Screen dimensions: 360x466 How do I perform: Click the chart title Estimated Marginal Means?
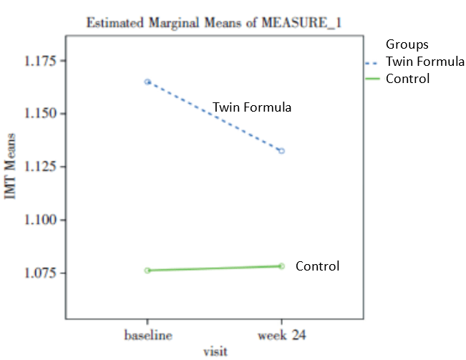[213, 22]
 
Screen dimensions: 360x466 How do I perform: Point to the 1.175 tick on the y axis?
[42, 61]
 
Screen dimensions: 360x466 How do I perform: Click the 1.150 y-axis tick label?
[42, 114]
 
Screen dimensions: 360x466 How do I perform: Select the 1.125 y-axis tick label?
[42, 167]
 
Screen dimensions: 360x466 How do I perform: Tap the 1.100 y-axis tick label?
[42, 220]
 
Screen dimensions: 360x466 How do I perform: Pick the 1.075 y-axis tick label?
[42, 273]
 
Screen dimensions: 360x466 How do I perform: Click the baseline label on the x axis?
[147, 334]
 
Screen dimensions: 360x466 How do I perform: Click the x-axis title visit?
[214, 351]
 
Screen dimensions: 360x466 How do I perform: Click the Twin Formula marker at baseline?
[147, 82]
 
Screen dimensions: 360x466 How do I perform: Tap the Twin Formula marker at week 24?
[281, 151]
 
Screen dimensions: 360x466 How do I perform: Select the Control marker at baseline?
[147, 271]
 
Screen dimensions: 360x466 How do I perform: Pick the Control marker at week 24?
[281, 266]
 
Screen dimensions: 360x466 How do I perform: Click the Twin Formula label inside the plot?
[252, 108]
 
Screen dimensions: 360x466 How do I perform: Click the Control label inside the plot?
[317, 266]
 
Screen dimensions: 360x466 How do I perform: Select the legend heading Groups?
[407, 45]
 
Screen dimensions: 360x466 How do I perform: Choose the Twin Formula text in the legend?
[425, 62]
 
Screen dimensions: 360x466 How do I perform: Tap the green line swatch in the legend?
[372, 79]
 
